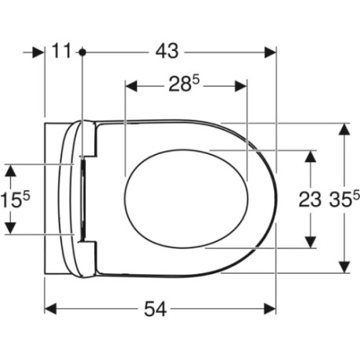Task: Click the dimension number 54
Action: tap(156, 310)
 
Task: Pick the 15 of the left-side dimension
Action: tap(13, 200)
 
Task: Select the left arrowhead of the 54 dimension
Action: tap(50, 309)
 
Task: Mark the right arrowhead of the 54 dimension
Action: tap(271, 309)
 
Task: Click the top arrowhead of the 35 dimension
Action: tap(343, 128)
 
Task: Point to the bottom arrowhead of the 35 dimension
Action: tap(343, 267)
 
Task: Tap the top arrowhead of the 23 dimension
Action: tap(312, 155)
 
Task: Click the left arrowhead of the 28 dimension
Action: tap(131, 85)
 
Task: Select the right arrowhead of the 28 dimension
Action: tap(241, 85)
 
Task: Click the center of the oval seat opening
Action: tap(187, 198)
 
